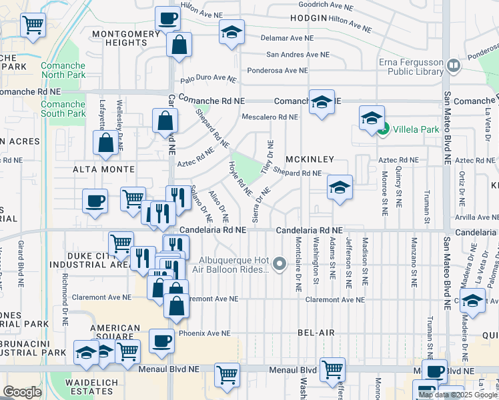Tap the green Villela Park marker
[384, 130]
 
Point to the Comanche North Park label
[64, 69]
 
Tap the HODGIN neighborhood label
[309, 18]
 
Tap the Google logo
[22, 391]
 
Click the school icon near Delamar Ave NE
[231, 33]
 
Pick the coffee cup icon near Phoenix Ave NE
[161, 341]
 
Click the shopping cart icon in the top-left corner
[33, 25]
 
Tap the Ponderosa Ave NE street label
[278, 70]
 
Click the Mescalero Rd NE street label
[270, 117]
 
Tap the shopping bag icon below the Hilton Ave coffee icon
[179, 45]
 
